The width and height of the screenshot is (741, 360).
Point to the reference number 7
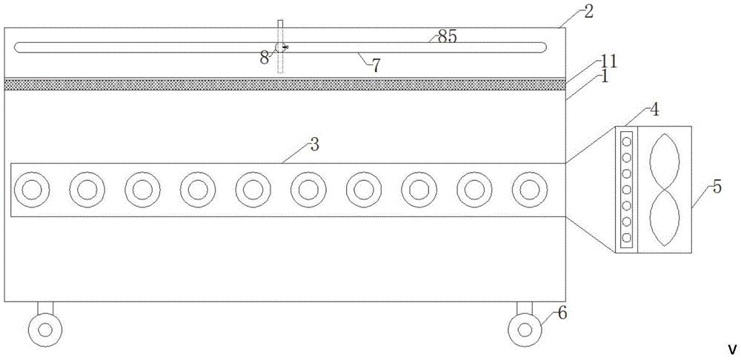click(376, 66)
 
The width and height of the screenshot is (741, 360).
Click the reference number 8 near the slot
click(265, 58)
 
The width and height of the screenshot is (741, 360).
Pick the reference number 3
click(314, 144)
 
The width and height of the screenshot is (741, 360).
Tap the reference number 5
click(717, 187)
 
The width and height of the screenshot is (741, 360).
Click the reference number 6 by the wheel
click(562, 314)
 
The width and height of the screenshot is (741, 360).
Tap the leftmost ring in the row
click(30, 190)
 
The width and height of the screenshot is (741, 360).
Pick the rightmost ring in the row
click(528, 190)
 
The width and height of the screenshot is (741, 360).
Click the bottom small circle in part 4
click(627, 239)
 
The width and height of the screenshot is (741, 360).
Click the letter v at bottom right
click(731, 349)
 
